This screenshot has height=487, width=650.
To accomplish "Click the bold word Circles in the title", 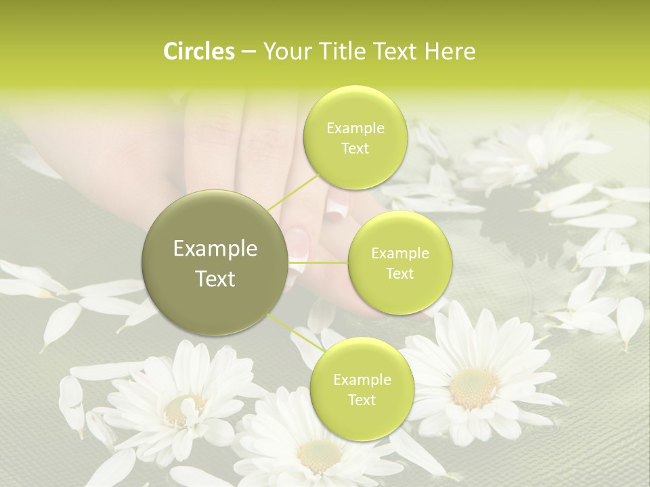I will click(x=198, y=51).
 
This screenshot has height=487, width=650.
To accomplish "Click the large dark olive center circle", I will click(x=215, y=263).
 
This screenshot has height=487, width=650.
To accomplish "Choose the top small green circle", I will click(x=355, y=138).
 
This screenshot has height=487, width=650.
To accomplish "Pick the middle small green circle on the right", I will click(x=399, y=263).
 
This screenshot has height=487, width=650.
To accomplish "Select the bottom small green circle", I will click(x=362, y=390).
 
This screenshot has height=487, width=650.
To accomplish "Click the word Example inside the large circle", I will click(x=215, y=249).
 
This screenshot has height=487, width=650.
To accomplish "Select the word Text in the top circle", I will click(x=355, y=148).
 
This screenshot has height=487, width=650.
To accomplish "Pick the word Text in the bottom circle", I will click(x=362, y=400).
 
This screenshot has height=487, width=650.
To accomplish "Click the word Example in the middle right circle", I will click(x=399, y=254).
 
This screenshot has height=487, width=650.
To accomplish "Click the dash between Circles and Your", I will click(x=248, y=52).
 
